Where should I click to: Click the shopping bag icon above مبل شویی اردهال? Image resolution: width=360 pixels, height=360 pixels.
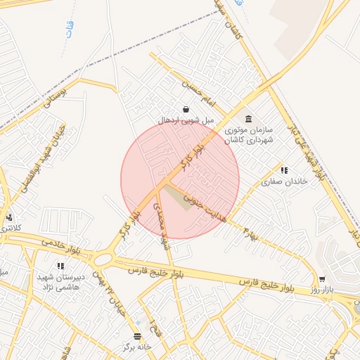186,109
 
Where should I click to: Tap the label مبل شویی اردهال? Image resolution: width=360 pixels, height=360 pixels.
186,121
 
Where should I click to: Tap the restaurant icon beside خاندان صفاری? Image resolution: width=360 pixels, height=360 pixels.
284,170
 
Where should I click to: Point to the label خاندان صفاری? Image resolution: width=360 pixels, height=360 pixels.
285,181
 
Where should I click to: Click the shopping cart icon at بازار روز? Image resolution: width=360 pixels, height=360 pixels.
322,279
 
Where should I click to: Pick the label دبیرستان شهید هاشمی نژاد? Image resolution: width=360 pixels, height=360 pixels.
60,282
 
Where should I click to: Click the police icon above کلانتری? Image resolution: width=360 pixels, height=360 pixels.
9,217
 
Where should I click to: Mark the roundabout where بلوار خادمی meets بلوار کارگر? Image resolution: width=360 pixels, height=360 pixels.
103,259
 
